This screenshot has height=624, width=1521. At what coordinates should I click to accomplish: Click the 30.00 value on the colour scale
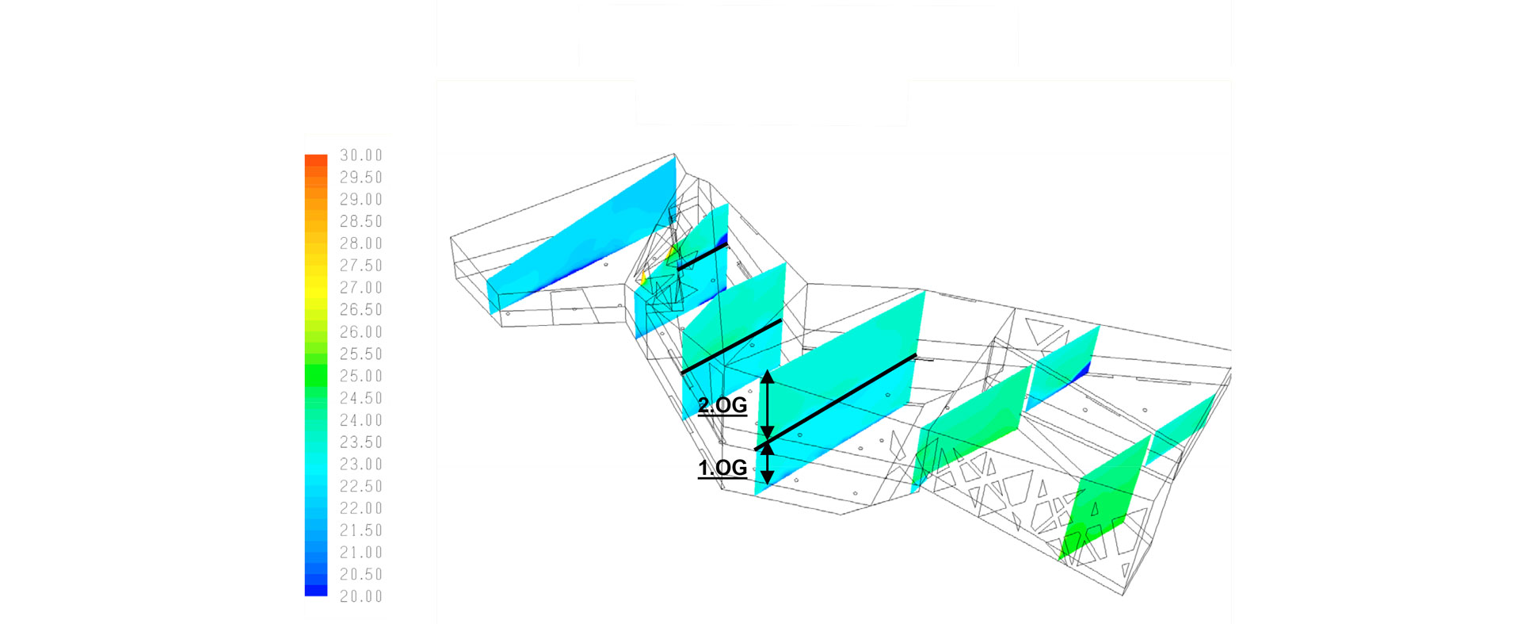tap(361, 155)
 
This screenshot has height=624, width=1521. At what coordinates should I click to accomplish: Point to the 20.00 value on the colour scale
tap(361, 596)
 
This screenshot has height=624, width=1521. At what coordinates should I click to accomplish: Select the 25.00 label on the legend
tap(361, 376)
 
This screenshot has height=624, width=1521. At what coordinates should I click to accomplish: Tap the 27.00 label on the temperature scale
tap(361, 288)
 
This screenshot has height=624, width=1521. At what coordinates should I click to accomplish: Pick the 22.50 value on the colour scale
tap(361, 486)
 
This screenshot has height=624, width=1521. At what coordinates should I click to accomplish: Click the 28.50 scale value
tap(361, 221)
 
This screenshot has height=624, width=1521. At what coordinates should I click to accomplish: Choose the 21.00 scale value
tap(361, 552)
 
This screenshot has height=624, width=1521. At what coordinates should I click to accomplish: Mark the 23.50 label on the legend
tap(361, 442)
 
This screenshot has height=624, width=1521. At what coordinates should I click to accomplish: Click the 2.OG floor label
tap(722, 405)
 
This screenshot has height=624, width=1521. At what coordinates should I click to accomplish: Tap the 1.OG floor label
tap(722, 468)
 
